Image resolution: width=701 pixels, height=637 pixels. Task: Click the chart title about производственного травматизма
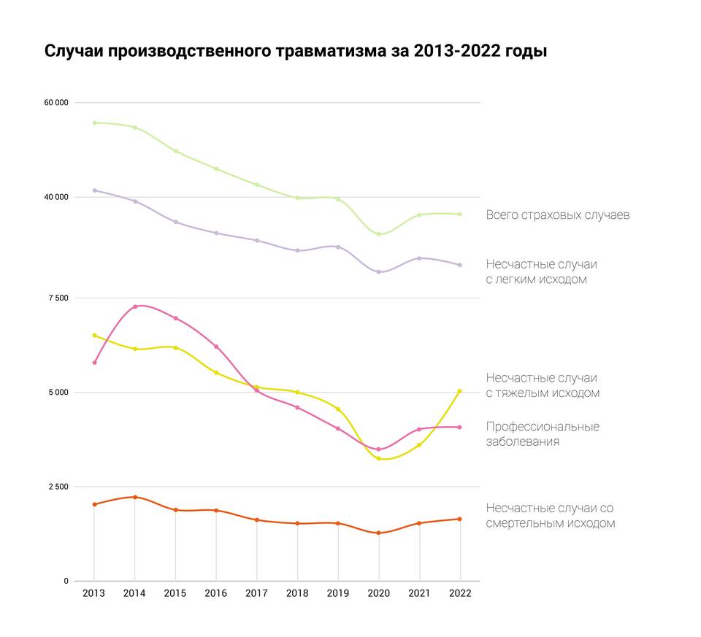(296, 52)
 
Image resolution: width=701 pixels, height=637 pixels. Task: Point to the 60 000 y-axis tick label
(56, 103)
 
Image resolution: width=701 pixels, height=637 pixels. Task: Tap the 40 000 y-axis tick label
(56, 197)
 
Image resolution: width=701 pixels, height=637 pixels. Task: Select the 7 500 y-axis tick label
(59, 298)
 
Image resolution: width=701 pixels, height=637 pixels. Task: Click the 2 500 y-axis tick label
(59, 487)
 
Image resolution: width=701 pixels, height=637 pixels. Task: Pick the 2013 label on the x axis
(94, 593)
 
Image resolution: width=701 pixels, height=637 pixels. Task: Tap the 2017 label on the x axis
(256, 593)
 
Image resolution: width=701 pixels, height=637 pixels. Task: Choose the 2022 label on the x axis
(459, 593)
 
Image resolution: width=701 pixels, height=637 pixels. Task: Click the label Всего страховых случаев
(558, 215)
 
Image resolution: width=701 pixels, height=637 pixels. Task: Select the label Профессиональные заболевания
(543, 433)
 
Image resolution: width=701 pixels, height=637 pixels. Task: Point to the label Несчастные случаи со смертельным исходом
(551, 515)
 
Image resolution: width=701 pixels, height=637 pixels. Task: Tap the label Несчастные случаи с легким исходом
(541, 271)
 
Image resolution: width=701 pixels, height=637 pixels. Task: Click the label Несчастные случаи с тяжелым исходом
(543, 385)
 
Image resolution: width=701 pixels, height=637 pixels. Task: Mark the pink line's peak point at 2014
(135, 306)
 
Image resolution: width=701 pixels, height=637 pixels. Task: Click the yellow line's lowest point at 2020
(379, 458)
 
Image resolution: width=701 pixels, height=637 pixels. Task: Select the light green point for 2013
(95, 123)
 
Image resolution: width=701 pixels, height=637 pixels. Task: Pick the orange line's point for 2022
(459, 519)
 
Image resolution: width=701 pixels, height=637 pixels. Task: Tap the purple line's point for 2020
(379, 272)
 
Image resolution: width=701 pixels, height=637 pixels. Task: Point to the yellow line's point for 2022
(459, 391)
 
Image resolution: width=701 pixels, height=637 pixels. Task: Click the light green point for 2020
(379, 234)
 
